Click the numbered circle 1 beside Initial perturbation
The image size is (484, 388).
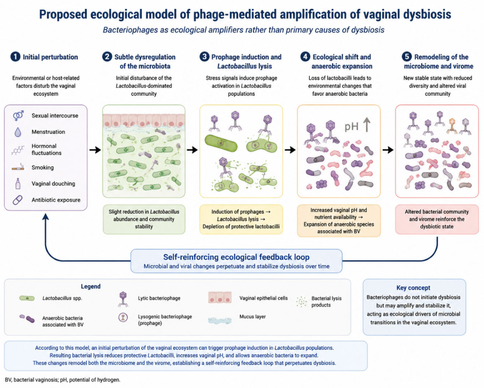[15, 57]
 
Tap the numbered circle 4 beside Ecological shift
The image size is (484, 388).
[305, 57]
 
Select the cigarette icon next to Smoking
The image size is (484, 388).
[18, 167]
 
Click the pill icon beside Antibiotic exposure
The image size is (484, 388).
[18, 200]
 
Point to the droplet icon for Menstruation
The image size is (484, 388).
[18, 132]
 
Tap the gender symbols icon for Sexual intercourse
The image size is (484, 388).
[18, 116]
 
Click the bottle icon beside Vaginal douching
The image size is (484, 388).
[18, 184]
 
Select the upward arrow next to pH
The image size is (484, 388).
[367, 125]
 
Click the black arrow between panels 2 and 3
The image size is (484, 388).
[192, 150]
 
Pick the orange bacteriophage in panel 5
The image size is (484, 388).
[451, 126]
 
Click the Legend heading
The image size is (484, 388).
[91, 286]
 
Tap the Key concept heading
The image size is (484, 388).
[413, 288]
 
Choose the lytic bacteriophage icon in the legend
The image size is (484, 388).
[123, 299]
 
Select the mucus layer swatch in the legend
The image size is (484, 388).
[220, 320]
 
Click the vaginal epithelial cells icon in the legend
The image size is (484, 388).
[220, 297]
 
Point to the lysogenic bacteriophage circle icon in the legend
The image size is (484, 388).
[123, 317]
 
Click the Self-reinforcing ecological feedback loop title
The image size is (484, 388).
[236, 257]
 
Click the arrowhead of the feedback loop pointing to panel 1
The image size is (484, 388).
[46, 216]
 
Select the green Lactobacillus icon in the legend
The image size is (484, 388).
[27, 298]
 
